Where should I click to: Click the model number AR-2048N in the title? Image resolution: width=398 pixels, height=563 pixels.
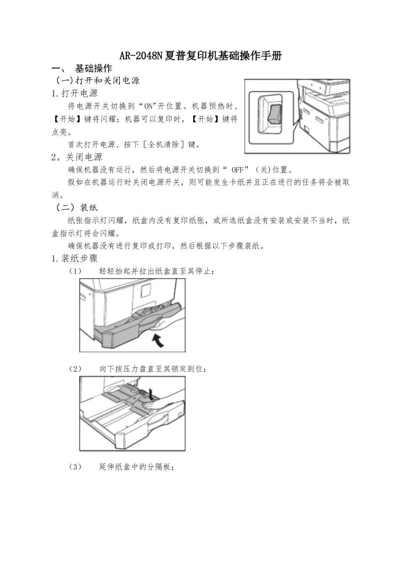[140, 56]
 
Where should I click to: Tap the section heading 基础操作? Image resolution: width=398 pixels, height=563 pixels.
[93, 68]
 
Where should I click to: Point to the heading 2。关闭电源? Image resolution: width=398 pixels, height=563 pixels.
[77, 157]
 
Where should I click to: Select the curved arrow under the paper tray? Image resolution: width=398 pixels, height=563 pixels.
[157, 340]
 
